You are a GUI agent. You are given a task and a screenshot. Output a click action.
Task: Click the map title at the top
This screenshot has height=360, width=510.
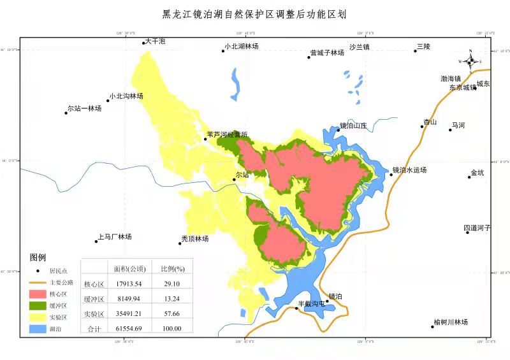254,13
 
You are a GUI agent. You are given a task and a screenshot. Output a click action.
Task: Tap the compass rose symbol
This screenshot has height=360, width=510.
470,61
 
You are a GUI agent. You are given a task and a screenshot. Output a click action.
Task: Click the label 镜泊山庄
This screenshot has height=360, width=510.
354,126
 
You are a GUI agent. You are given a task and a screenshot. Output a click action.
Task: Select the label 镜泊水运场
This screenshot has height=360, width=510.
409,170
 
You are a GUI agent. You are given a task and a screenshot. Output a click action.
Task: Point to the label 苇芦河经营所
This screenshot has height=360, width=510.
227,135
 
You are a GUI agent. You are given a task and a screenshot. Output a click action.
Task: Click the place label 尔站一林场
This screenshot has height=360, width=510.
84,109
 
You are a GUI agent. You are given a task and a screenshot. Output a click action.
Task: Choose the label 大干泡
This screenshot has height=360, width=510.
155,41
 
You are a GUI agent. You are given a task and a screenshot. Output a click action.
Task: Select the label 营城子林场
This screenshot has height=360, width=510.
327,53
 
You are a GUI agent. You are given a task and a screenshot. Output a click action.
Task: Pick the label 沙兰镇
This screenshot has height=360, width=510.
360,47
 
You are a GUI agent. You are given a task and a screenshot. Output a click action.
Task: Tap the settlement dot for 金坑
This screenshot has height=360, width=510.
469,176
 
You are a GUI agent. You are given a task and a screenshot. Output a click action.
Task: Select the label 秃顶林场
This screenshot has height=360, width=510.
195,238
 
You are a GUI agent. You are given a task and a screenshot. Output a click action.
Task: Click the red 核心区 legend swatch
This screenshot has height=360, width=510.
38,294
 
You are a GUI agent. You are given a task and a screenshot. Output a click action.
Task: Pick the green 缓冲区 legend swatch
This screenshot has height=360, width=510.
38,306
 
